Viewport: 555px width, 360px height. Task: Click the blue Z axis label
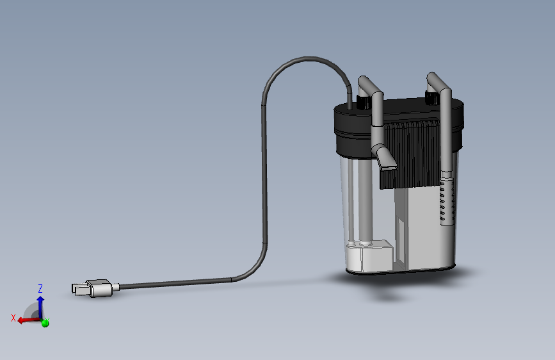[40, 288]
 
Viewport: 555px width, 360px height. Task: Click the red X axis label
[13, 318]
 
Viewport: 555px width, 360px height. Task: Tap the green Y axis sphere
[45, 323]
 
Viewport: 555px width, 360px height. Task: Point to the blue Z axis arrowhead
[40, 300]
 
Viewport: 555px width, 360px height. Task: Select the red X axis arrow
[29, 320]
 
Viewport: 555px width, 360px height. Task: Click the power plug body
[100, 288]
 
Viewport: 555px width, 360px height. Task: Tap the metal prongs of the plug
[79, 289]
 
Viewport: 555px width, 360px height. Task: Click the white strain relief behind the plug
[116, 286]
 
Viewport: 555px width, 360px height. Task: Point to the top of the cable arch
[307, 58]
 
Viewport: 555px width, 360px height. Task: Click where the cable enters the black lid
[350, 106]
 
